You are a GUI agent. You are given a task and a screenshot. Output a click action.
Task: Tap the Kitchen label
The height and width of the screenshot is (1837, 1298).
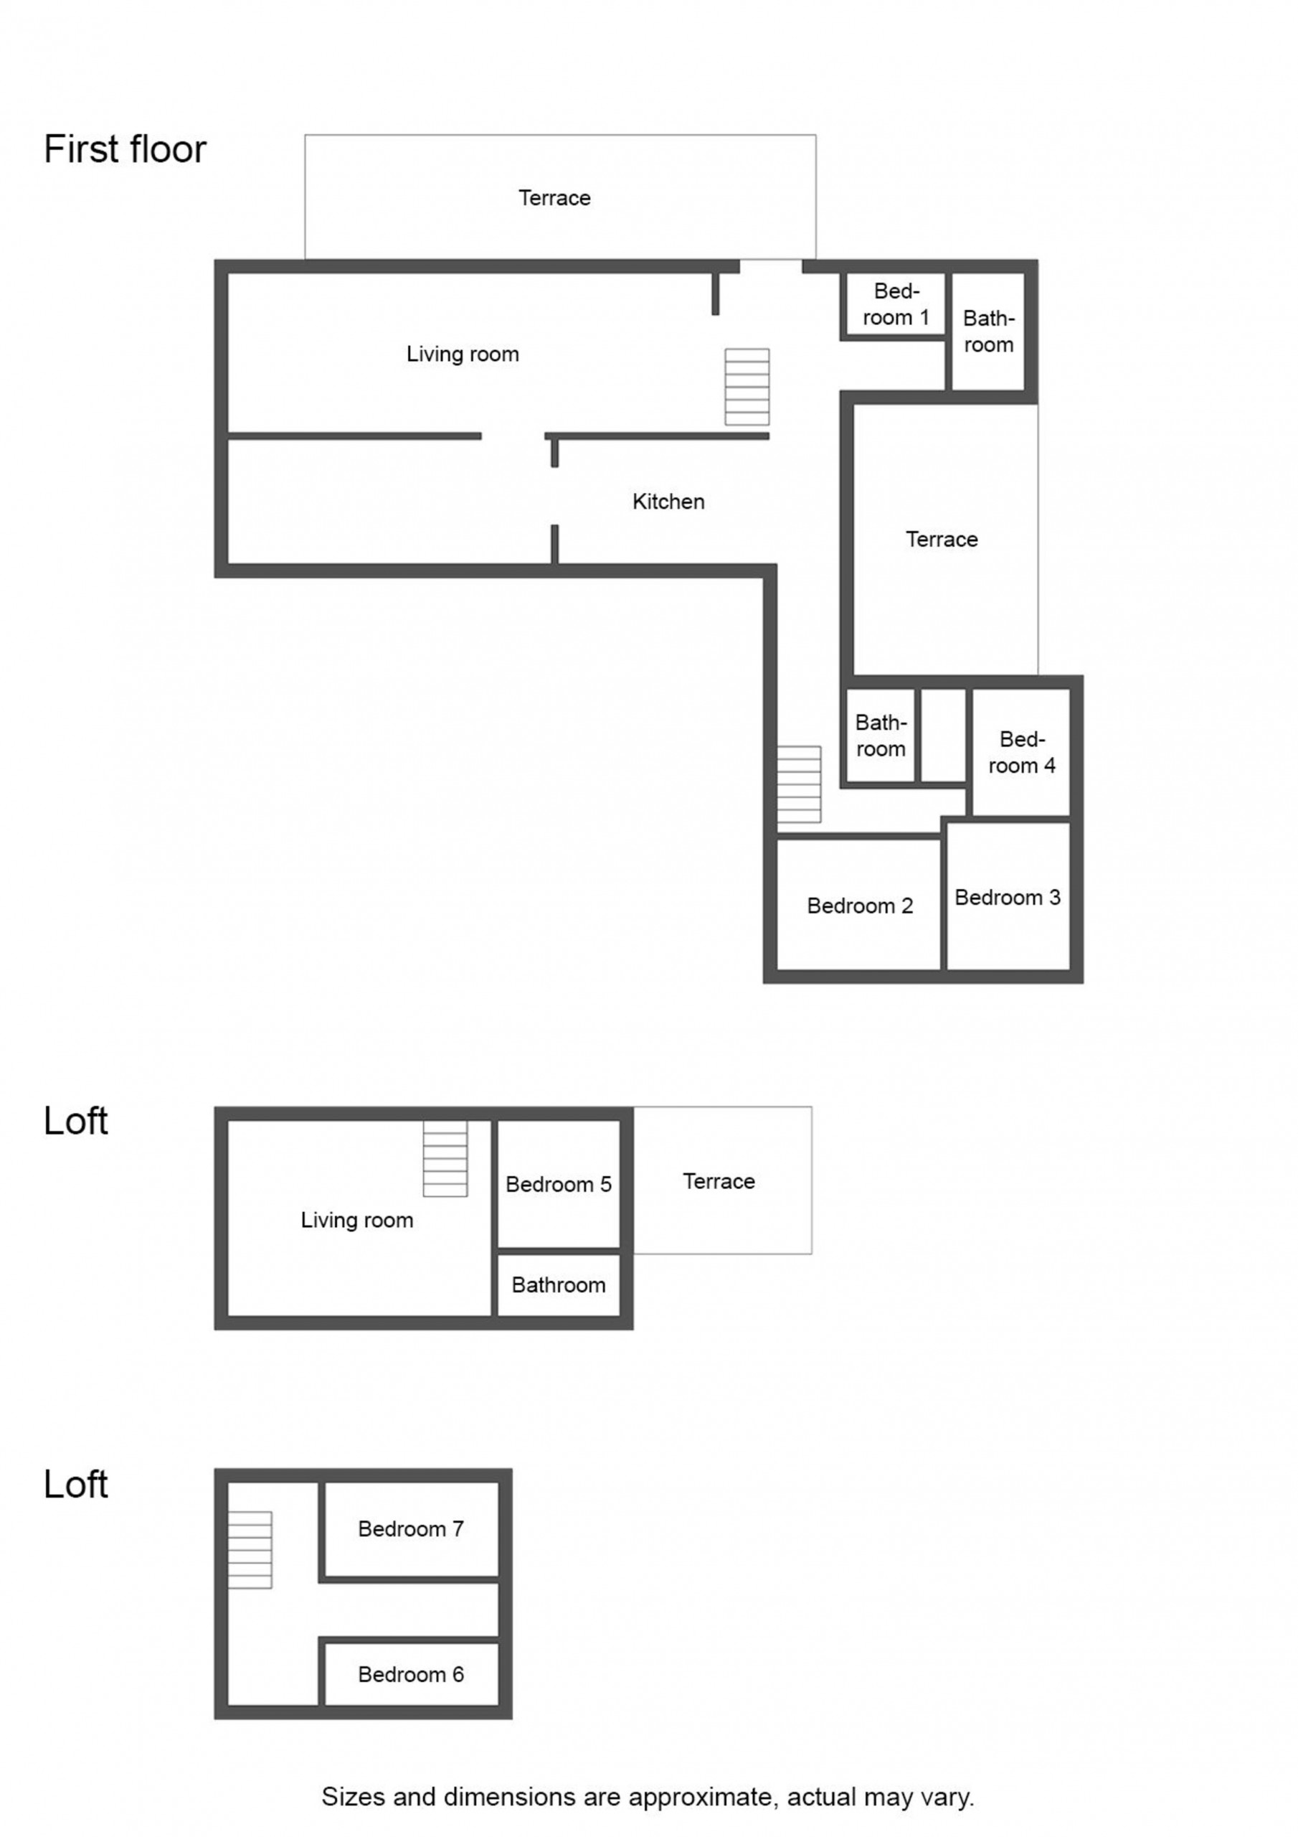(x=668, y=502)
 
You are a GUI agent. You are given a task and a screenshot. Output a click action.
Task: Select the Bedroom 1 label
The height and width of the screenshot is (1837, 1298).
(x=896, y=304)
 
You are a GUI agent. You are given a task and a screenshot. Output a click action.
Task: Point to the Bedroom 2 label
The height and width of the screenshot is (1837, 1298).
(x=860, y=906)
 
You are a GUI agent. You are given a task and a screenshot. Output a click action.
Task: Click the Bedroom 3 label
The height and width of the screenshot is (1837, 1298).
(x=1008, y=897)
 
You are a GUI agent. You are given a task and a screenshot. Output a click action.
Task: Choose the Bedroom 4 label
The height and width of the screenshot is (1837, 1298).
(x=1022, y=752)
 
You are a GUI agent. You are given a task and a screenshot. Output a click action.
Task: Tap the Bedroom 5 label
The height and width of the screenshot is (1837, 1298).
(x=558, y=1184)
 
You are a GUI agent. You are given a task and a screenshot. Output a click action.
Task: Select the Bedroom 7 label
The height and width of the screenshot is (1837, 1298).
(x=411, y=1529)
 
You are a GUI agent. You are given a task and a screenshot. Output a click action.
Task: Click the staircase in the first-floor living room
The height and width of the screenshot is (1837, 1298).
(x=747, y=387)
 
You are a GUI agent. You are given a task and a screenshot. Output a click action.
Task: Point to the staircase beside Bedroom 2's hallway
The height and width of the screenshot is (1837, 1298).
(x=799, y=784)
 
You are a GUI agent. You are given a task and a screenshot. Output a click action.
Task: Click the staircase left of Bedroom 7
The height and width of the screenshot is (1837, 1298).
(x=250, y=1550)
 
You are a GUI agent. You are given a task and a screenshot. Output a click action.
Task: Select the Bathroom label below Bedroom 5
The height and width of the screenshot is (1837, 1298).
(x=558, y=1285)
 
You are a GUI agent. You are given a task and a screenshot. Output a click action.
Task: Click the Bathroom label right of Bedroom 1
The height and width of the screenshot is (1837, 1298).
(x=988, y=332)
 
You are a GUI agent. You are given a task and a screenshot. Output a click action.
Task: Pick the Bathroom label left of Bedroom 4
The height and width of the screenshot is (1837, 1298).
(x=881, y=736)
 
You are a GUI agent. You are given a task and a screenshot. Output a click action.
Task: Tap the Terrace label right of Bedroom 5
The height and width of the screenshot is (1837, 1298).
(x=719, y=1181)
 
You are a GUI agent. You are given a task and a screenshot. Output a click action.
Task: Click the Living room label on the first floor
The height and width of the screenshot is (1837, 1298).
(x=463, y=354)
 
